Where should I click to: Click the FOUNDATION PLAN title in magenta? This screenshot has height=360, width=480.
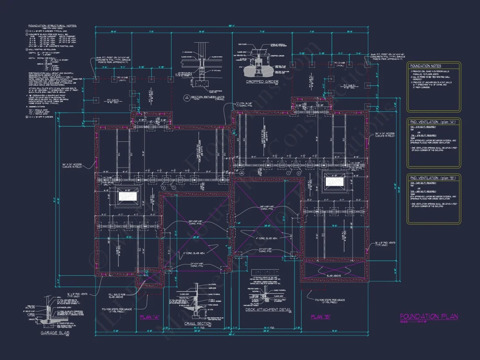point(429,317)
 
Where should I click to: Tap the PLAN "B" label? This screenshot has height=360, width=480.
point(320,317)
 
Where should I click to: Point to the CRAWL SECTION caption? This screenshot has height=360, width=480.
point(198,323)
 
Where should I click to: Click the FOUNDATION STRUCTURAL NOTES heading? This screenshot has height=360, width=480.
point(52,26)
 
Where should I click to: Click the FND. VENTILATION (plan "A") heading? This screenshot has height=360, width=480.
point(432,121)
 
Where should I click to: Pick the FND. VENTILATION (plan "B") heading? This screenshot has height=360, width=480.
point(432,178)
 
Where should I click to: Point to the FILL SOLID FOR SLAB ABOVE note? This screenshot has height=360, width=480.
point(117,296)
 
